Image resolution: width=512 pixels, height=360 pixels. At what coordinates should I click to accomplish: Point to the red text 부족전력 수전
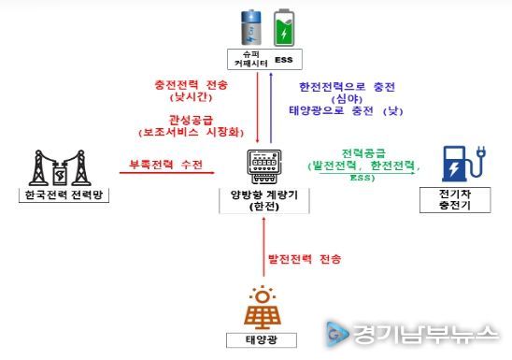(x=165, y=166)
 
